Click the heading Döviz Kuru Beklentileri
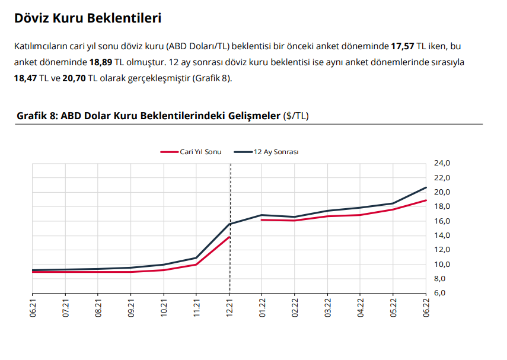(x=88, y=18)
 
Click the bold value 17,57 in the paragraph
(x=403, y=46)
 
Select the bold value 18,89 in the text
(x=102, y=62)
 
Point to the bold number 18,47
(x=26, y=78)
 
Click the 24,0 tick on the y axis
(x=443, y=163)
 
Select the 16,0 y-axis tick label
(x=443, y=221)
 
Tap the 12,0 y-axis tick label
(x=443, y=250)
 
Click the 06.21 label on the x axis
(x=33, y=309)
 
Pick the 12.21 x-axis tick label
(x=230, y=309)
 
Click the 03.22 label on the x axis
(x=328, y=309)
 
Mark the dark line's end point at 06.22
(x=426, y=187)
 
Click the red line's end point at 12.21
(x=229, y=237)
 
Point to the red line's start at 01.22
(x=262, y=220)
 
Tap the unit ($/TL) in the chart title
(x=296, y=116)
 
